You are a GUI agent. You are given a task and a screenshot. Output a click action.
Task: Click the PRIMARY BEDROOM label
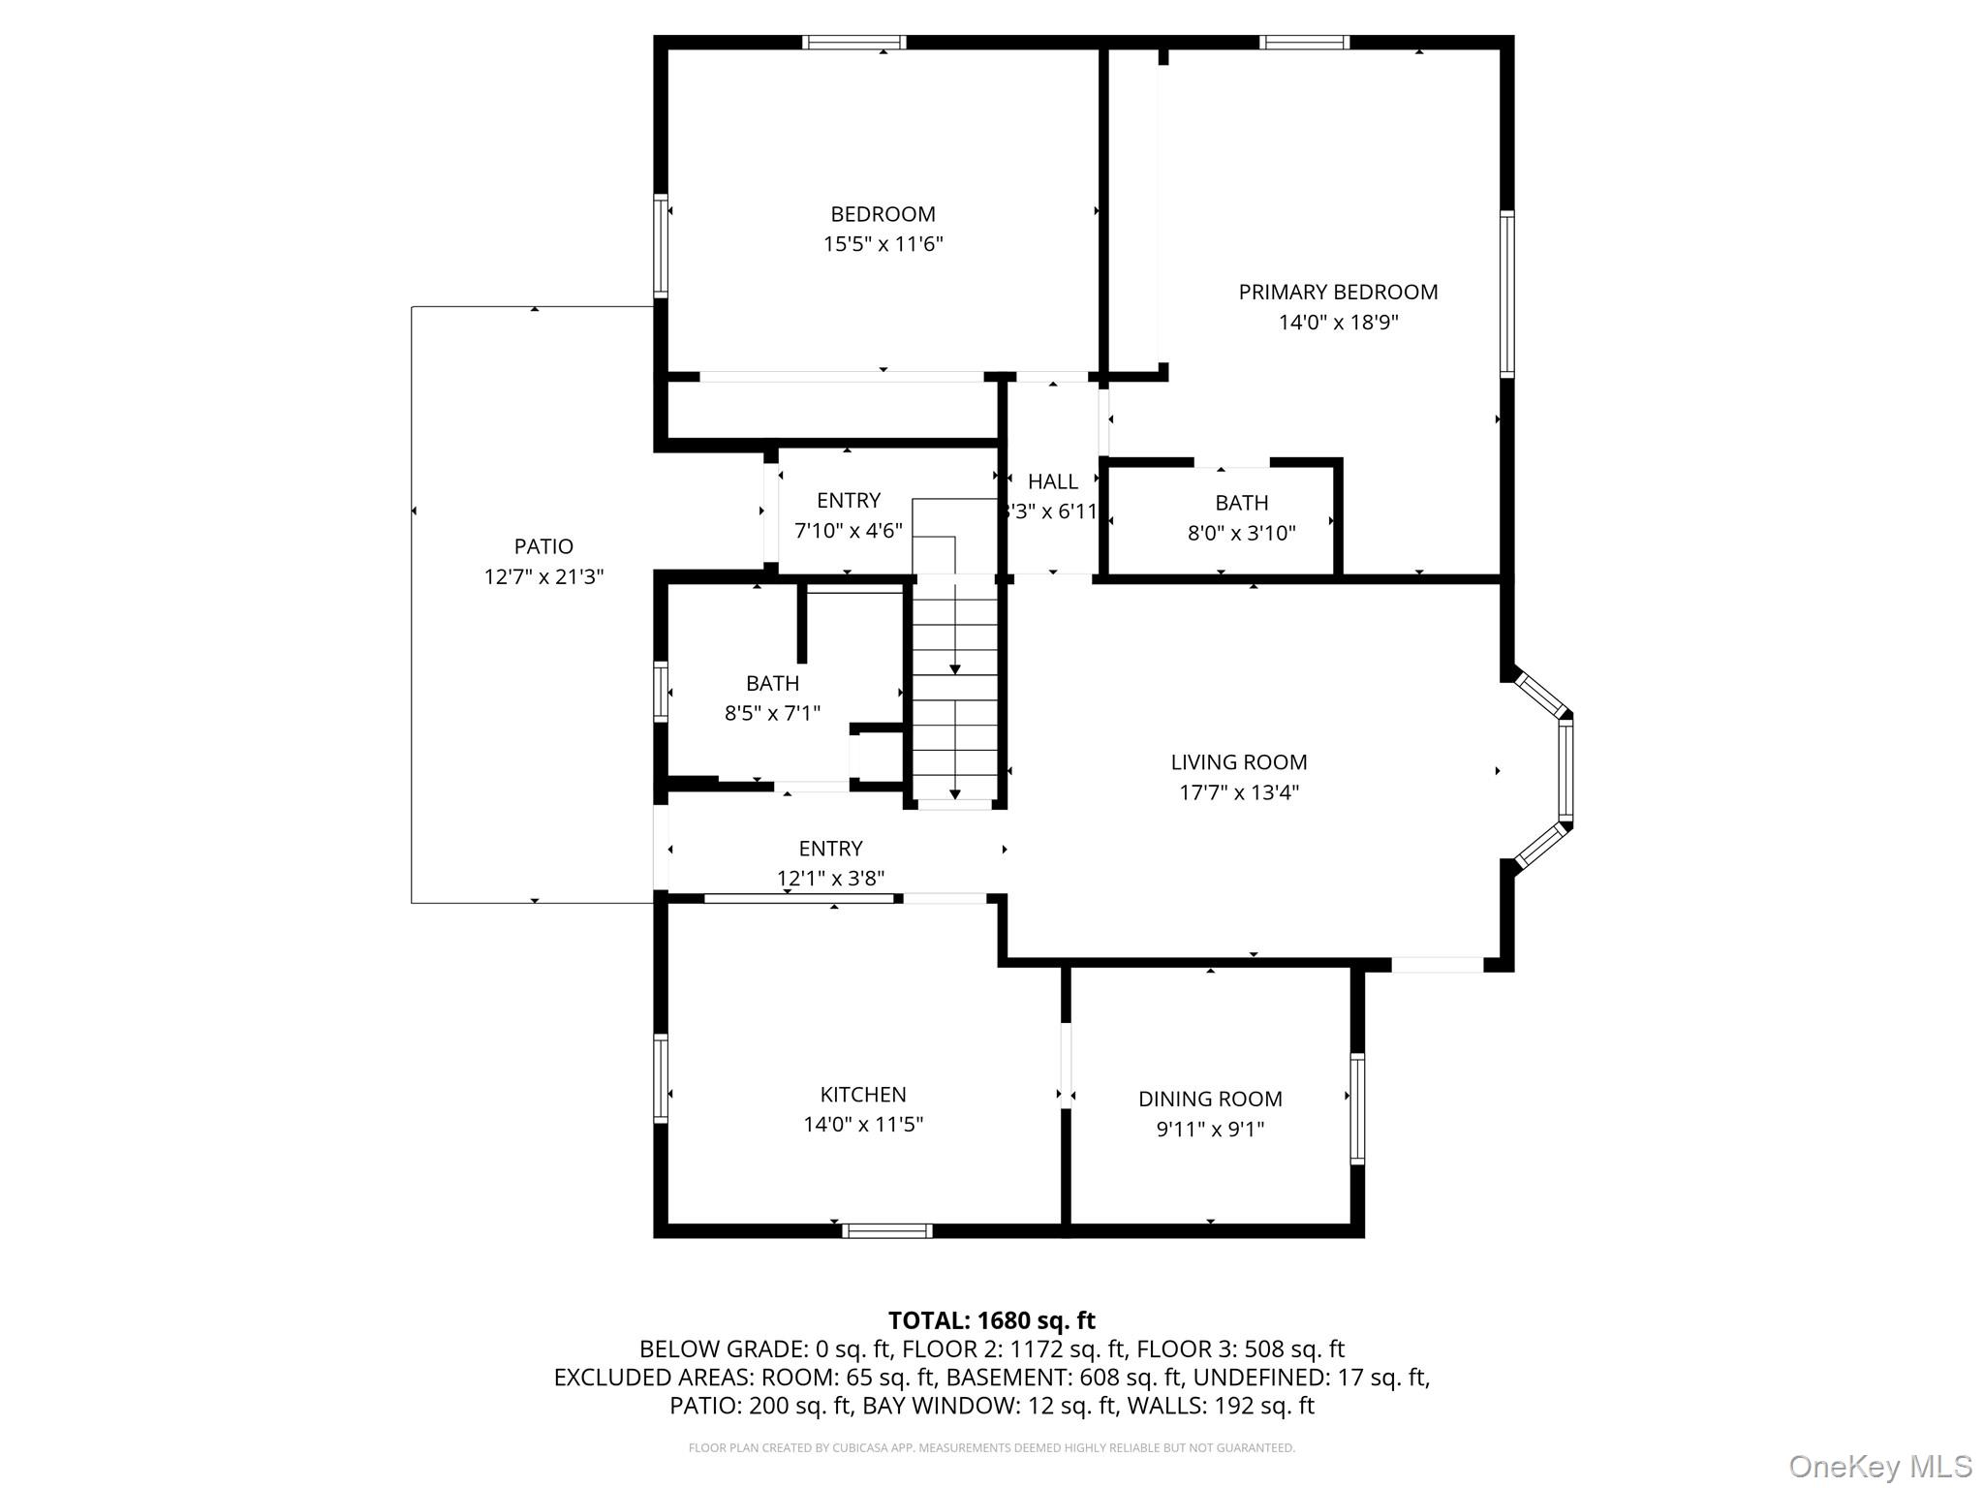[1338, 292]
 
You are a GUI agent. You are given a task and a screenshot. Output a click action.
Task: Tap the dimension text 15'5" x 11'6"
[883, 244]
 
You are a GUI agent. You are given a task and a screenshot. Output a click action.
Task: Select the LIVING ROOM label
[1239, 762]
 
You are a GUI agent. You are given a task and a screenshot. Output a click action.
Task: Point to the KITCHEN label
[863, 1095]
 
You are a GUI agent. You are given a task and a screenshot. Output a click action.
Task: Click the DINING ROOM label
[1210, 1099]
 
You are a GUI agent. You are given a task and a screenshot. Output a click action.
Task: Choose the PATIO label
[543, 546]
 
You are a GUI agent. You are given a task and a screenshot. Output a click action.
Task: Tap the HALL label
[1053, 481]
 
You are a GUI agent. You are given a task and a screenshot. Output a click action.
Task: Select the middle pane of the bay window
[1565, 771]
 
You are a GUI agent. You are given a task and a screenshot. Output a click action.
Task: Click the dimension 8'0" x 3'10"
[1242, 533]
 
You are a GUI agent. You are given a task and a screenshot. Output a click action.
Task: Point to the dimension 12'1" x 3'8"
[830, 879]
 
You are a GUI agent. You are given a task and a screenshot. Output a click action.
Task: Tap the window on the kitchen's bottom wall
[886, 1231]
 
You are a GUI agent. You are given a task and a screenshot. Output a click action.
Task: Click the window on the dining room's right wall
[1357, 1108]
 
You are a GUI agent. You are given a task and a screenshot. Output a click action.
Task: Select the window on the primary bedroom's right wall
[1507, 294]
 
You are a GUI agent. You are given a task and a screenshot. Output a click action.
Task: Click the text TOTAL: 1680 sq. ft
[992, 1320]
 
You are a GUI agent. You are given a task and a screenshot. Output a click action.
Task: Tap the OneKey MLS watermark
[1880, 1466]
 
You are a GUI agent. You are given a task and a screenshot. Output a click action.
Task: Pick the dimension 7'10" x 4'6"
[849, 531]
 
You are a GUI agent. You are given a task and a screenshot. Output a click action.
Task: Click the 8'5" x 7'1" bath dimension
[772, 714]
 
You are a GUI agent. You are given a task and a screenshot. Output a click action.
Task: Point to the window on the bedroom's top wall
[854, 42]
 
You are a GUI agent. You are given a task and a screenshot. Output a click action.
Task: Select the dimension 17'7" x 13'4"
[1239, 792]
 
